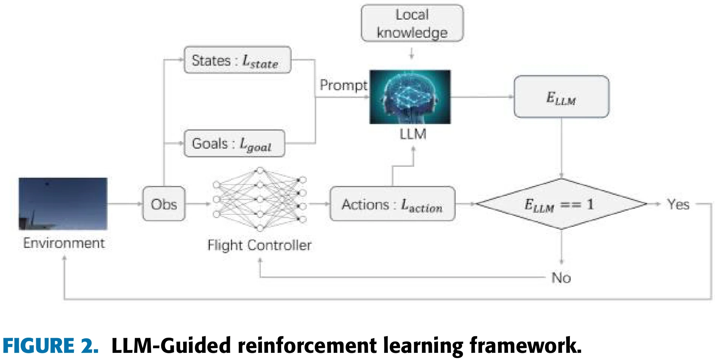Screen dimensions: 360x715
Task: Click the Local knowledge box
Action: [x=412, y=23]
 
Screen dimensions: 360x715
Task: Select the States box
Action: [x=237, y=60]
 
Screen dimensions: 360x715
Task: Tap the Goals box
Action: [x=234, y=143]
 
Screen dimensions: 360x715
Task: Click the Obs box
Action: [x=164, y=204]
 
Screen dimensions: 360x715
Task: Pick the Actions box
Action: [x=392, y=204]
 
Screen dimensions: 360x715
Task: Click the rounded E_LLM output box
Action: [x=561, y=97]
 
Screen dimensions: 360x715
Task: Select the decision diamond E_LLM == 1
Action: [x=561, y=204]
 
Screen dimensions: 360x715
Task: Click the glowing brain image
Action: [x=410, y=97]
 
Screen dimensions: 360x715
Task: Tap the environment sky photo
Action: [x=63, y=203]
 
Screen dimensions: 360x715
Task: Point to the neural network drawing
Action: [x=260, y=199]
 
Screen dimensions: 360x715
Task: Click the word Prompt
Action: [x=343, y=85]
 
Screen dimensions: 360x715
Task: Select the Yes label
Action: [x=678, y=204]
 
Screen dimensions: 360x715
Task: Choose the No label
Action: [x=561, y=278]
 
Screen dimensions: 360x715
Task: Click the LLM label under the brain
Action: [x=413, y=134]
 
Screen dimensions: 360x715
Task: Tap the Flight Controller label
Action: [x=259, y=245]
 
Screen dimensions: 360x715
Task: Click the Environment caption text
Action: [x=64, y=243]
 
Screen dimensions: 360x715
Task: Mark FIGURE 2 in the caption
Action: [x=51, y=346]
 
